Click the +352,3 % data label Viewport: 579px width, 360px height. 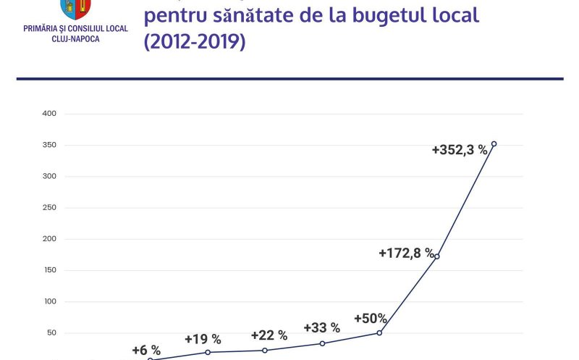tap(460, 151)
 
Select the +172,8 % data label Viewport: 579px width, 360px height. tap(406, 254)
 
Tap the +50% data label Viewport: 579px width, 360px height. tap(371, 319)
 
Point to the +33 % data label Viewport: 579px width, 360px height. tap(322, 328)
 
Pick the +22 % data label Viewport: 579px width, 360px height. tap(269, 335)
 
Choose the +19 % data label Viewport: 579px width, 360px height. tap(203, 339)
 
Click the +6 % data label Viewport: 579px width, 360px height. tap(146, 350)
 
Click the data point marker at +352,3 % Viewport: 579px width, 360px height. tap(494, 143)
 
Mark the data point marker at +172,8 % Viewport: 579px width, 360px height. tap(436, 256)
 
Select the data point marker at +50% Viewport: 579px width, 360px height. tap(379, 333)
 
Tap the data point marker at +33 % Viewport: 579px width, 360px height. tap(322, 343)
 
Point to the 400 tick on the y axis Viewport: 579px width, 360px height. tap(50, 114)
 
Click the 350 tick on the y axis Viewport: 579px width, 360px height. tap(50, 146)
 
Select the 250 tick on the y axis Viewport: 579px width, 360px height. tap(50, 208)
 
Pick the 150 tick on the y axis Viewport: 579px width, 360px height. tap(50, 270)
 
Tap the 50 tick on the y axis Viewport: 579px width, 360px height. tap(52, 333)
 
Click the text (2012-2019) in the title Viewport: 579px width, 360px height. tap(195, 42)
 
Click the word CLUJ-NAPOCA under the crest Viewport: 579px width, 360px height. tap(76, 38)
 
